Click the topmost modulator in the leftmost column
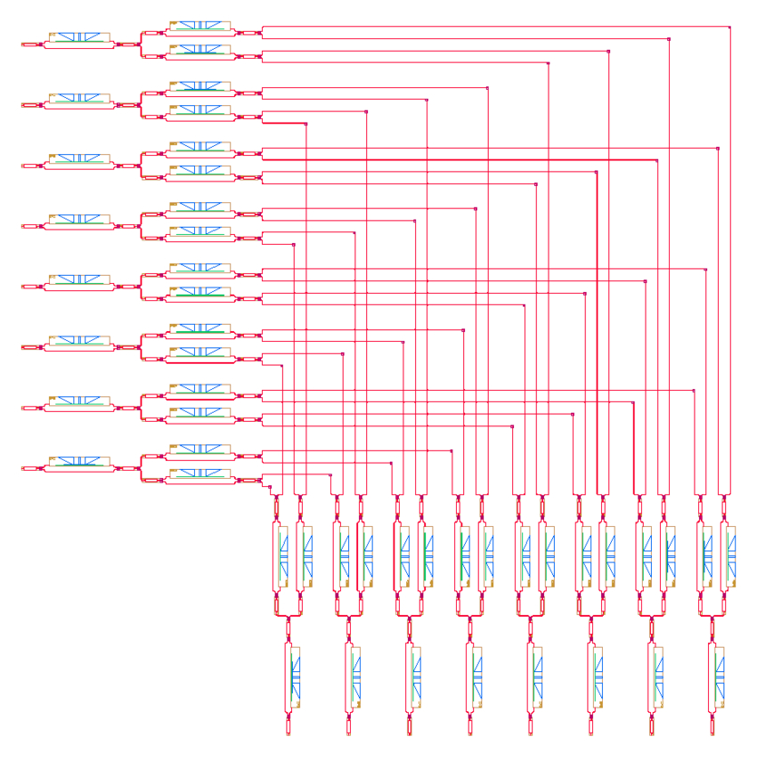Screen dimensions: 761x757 (x=79, y=40)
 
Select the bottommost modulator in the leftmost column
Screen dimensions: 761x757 (x=79, y=465)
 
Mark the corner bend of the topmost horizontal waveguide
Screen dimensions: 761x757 (x=729, y=28)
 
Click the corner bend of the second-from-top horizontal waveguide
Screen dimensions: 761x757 (x=669, y=39)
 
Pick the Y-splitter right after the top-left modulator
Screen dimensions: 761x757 (x=141, y=43)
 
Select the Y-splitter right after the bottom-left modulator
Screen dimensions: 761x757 (x=141, y=467)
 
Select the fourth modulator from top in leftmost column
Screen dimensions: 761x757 (x=79, y=222)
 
